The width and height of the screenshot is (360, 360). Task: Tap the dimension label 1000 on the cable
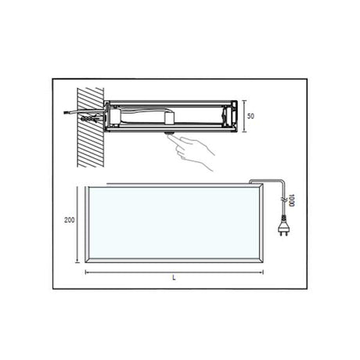coord(290,200)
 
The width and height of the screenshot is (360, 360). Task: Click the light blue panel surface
coord(171,222)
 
